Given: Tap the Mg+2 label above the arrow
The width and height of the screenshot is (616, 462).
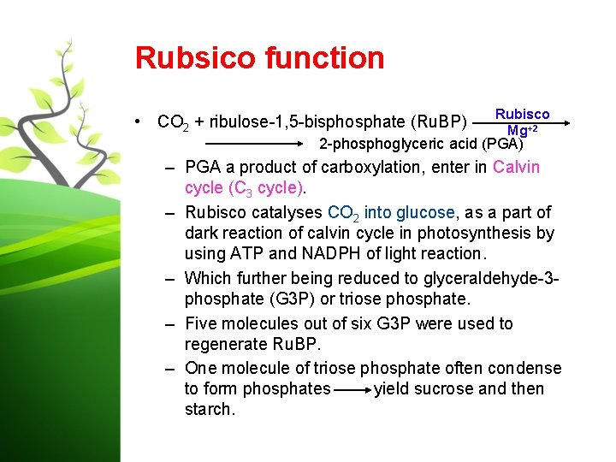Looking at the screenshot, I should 522,130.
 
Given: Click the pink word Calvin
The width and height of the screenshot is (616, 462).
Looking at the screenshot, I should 516,167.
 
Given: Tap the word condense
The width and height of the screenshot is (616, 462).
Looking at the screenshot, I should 524,368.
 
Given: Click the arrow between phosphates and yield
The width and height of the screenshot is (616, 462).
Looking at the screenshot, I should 352,390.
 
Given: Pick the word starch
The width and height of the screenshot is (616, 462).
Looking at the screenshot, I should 209,409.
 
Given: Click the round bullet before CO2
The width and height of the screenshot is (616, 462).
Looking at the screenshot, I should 139,121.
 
